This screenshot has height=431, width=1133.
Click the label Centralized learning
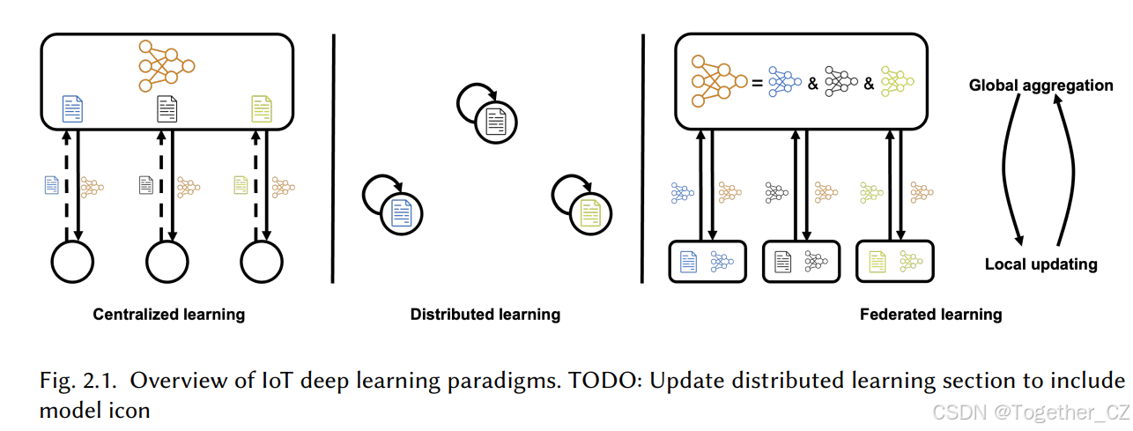pyautogui.click(x=169, y=314)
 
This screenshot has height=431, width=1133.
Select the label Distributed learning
pyautogui.click(x=485, y=314)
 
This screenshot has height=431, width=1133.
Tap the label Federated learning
pyautogui.click(x=931, y=314)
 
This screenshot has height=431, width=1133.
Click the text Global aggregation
pyautogui.click(x=1041, y=85)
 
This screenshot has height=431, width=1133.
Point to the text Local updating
pyautogui.click(x=1040, y=264)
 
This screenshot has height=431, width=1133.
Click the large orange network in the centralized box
pyautogui.click(x=166, y=66)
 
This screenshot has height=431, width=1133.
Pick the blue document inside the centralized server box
pyautogui.click(x=72, y=109)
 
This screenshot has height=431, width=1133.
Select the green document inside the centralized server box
pyautogui.click(x=262, y=109)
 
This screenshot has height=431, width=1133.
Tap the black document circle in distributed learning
pyautogui.click(x=493, y=123)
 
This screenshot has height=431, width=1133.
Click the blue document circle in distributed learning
pyautogui.click(x=401, y=213)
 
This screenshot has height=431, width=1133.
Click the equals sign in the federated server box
pyautogui.click(x=756, y=83)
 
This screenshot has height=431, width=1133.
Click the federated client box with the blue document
pyautogui.click(x=707, y=261)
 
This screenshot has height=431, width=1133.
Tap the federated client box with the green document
pyautogui.click(x=895, y=261)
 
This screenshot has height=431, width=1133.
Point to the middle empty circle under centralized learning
pyautogui.click(x=167, y=261)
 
